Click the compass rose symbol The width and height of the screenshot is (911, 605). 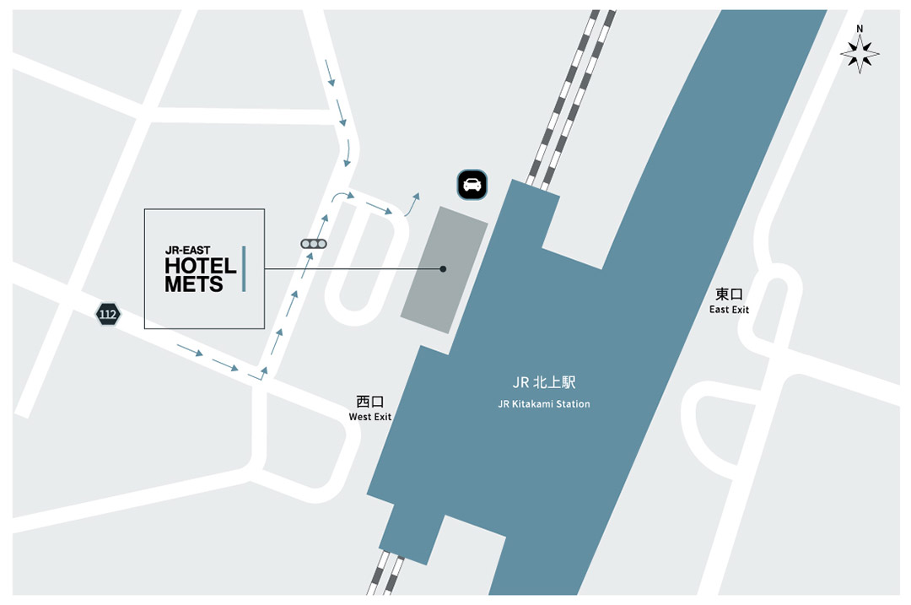click(x=860, y=55)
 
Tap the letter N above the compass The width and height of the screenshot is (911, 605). click(x=860, y=29)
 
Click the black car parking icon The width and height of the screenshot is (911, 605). click(x=472, y=185)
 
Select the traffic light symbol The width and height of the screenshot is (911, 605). click(x=314, y=244)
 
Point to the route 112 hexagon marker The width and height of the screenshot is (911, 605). click(x=107, y=315)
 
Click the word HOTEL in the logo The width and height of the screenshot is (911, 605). click(x=200, y=267)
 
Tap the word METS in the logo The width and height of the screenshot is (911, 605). click(x=194, y=284)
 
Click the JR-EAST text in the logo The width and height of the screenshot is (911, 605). click(x=187, y=251)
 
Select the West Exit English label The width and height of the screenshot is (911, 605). click(x=370, y=417)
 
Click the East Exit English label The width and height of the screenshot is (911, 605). click(x=729, y=310)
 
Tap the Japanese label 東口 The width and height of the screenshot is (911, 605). click(x=729, y=294)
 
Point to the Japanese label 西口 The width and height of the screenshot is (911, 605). click(x=370, y=402)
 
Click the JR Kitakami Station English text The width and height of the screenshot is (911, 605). click(x=544, y=404)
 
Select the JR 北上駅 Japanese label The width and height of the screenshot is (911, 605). click(x=544, y=383)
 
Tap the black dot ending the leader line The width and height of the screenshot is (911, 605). click(x=443, y=269)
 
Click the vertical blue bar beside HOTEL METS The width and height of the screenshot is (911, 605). click(x=244, y=269)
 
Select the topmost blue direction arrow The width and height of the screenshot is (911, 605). click(x=330, y=73)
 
